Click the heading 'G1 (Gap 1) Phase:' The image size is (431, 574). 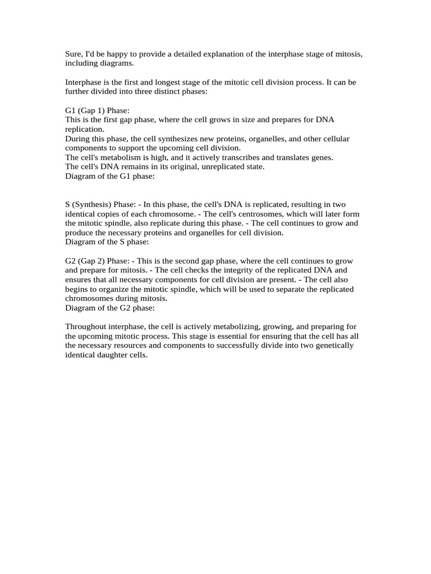[97, 110]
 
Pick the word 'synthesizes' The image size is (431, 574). [168, 138]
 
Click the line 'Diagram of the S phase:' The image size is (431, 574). [107, 242]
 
